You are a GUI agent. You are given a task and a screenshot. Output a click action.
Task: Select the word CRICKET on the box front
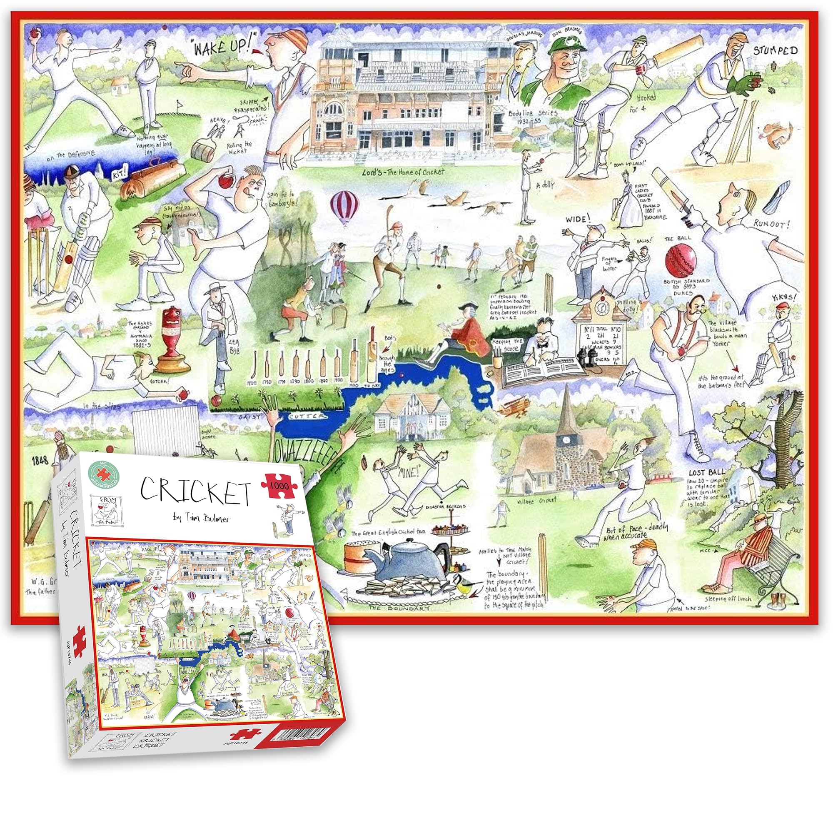coord(195,493)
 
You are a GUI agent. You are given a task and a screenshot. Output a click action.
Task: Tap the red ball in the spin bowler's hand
coord(225,182)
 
